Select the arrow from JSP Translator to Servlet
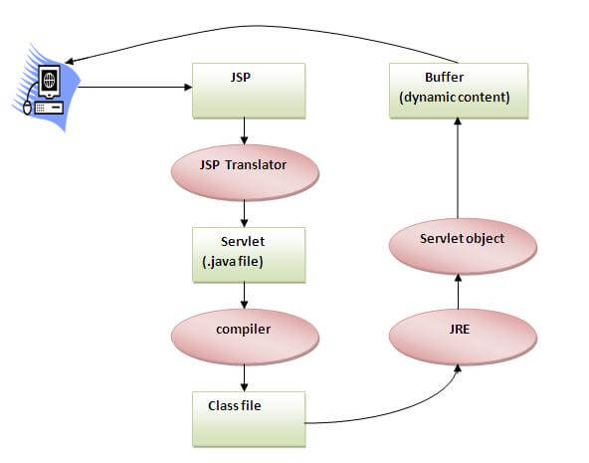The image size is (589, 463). coord(244,210)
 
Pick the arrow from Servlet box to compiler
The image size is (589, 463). coord(244,294)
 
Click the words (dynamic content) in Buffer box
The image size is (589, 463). coord(456,97)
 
